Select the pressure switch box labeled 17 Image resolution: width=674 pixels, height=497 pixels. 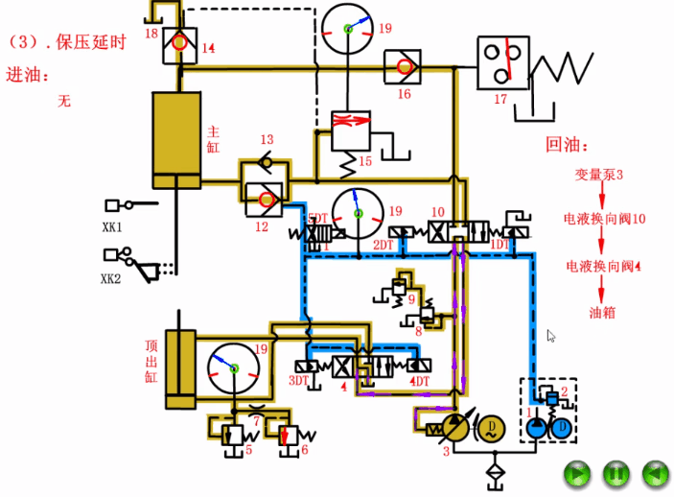point(503,61)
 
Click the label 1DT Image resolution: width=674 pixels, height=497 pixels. point(500,246)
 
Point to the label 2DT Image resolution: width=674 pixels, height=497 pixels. point(383,246)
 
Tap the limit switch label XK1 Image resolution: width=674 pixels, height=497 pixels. point(113,228)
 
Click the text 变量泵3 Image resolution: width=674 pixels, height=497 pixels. point(599,175)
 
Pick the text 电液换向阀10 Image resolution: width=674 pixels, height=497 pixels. point(605,220)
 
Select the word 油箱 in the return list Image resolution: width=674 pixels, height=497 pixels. point(601,312)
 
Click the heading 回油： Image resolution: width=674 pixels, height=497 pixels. point(564,145)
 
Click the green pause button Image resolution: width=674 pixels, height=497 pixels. point(615,473)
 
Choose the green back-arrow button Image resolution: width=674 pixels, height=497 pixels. point(653,473)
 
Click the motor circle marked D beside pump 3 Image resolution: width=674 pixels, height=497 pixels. point(491,425)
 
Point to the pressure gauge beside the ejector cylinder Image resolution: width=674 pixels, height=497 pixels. point(234,367)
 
